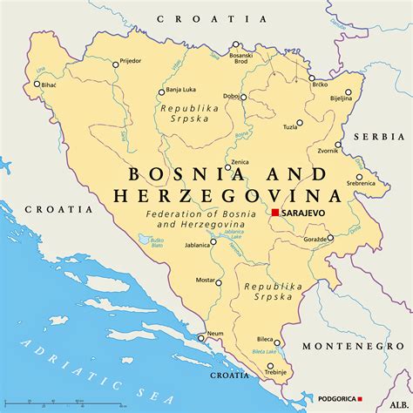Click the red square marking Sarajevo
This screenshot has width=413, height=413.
274,212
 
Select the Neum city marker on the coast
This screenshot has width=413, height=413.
201,337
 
